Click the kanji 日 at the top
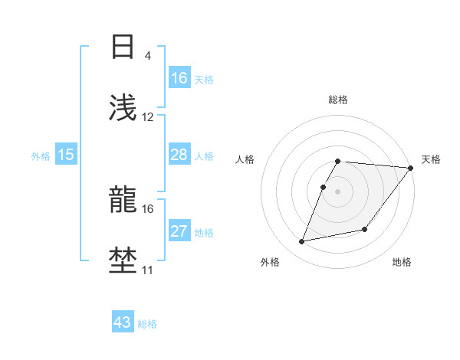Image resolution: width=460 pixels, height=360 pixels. point(123,47)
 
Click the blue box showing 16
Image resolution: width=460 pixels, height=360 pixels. point(179,78)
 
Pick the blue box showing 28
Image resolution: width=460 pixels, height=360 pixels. point(179,155)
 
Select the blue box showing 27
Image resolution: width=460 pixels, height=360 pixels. point(179,231)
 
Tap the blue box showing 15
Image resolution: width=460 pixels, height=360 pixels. point(66,155)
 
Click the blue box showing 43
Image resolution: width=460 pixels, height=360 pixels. point(123,322)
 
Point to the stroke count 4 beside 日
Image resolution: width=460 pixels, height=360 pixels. point(147,56)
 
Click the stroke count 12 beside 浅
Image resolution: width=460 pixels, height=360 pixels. point(148,117)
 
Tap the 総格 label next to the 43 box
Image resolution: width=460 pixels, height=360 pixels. point(147,324)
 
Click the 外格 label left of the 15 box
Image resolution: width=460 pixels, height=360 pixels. point(41,156)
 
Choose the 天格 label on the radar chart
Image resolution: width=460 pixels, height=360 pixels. point(431,159)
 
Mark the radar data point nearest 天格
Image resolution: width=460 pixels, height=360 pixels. point(411,168)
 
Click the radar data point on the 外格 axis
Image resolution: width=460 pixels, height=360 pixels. point(302,242)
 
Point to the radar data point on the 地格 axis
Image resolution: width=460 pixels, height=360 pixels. point(365,229)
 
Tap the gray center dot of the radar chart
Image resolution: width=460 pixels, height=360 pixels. point(337,191)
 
